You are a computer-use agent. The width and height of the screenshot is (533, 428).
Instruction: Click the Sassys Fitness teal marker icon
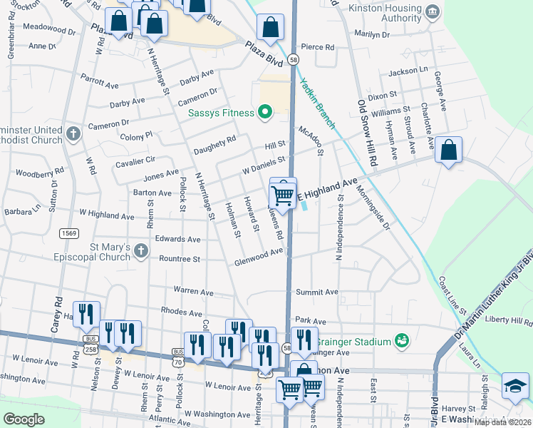tap(265, 112)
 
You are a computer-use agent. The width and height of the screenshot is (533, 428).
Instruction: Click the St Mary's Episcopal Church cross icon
tap(140, 250)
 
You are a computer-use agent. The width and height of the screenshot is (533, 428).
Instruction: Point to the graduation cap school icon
tap(515, 386)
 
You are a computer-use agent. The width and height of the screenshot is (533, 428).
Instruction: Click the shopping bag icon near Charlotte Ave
tap(448, 151)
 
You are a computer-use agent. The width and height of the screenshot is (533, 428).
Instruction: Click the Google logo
tap(24, 419)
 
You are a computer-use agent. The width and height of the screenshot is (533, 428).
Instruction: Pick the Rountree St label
tap(180, 259)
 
